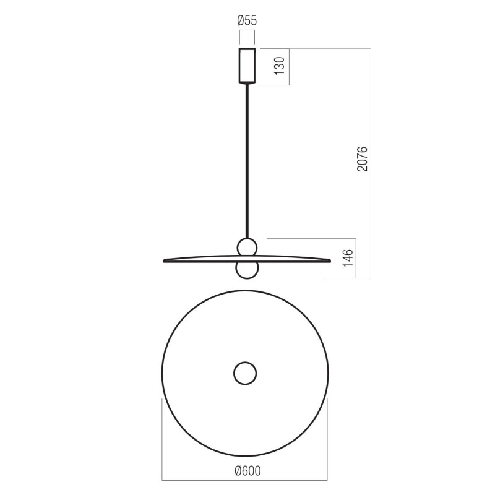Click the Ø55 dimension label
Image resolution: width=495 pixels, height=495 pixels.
tap(247, 21)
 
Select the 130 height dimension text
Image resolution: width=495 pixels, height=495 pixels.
tap(280, 66)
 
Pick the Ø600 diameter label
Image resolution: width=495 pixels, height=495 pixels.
tap(247, 471)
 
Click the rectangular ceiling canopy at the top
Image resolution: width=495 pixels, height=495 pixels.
tap(247, 65)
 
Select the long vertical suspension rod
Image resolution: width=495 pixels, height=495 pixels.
tap(247, 161)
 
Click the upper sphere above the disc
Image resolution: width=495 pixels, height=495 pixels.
tap(247, 247)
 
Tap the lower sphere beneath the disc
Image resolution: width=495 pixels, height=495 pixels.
tap(247, 270)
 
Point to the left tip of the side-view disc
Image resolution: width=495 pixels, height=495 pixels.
tap(165, 260)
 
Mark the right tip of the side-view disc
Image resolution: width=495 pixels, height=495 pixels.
tap(329, 260)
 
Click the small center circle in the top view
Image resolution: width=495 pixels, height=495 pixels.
tap(245, 373)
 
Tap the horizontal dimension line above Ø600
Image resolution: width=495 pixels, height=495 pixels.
tap(245, 480)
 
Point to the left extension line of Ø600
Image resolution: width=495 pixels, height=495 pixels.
tap(162, 439)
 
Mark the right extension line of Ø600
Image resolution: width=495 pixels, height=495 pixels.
tap(328, 439)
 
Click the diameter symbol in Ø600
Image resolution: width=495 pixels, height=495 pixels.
tap(238, 471)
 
